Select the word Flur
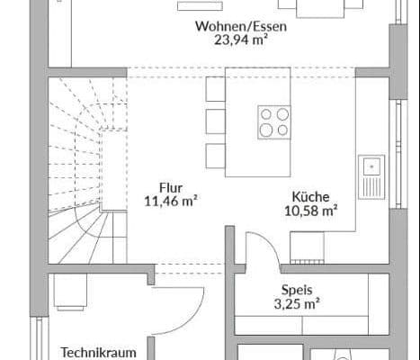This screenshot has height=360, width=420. point(171,187)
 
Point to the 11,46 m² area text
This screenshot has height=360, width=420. point(171,201)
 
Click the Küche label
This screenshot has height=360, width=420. point(309,196)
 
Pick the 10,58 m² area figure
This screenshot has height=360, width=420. point(309,211)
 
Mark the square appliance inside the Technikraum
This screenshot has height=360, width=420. point(68,292)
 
